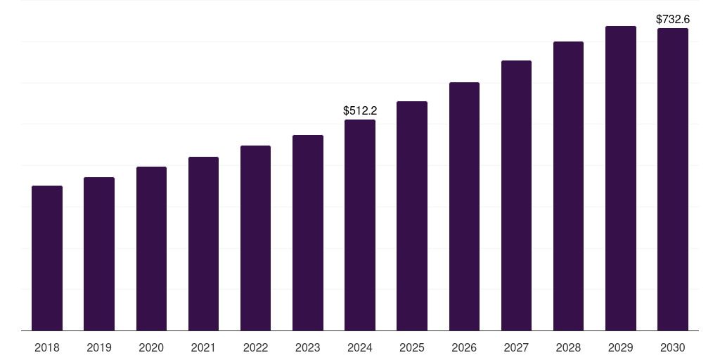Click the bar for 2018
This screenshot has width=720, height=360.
(x=47, y=258)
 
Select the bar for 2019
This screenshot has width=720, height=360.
(x=99, y=254)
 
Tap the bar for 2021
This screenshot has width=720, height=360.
(x=203, y=243)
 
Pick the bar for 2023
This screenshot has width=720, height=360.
(x=308, y=233)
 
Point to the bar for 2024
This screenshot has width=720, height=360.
(x=360, y=225)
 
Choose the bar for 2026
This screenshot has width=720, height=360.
(x=464, y=206)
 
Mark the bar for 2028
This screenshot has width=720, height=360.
(x=568, y=186)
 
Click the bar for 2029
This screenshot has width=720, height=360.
(x=621, y=178)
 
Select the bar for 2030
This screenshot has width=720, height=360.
(x=673, y=179)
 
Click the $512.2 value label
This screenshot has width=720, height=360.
(x=360, y=110)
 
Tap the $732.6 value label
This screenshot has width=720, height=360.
(x=673, y=19)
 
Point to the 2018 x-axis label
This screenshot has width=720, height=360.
(x=47, y=347)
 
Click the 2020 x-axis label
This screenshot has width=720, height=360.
(x=151, y=347)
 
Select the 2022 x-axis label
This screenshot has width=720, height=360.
(x=255, y=347)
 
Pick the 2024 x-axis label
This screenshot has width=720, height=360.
(x=360, y=347)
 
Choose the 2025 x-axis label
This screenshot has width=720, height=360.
(x=412, y=347)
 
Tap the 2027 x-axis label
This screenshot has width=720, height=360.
(x=516, y=347)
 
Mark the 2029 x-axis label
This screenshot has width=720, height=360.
(x=621, y=347)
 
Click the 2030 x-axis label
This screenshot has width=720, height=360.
(x=673, y=347)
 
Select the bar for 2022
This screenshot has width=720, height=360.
(x=255, y=238)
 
